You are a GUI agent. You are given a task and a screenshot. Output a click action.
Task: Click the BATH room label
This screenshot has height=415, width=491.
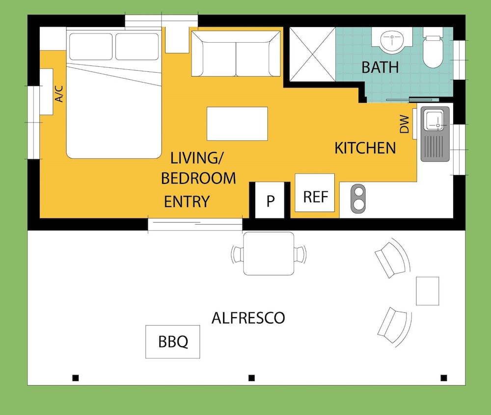click(380, 67)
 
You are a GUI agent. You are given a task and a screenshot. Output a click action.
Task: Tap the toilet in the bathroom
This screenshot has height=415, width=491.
click(433, 48)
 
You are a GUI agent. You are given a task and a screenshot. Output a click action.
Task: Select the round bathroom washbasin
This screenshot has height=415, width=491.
click(392, 41)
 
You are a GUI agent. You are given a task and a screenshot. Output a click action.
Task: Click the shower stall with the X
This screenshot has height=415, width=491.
click(312, 54)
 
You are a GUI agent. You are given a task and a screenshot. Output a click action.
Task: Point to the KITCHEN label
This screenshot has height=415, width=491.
click(365, 148)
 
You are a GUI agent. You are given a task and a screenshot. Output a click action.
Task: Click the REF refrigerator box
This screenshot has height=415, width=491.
click(315, 192)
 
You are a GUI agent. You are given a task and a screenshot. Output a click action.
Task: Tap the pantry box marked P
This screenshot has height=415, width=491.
click(270, 200)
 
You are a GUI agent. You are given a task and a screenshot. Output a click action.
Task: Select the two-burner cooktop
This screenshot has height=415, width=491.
click(358, 199)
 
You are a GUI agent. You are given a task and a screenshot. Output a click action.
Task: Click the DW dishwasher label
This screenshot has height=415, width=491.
click(404, 124)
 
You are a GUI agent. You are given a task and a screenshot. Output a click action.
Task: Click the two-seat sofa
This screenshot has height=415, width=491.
click(236, 53)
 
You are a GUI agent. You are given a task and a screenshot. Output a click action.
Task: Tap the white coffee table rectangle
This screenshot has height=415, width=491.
click(237, 123)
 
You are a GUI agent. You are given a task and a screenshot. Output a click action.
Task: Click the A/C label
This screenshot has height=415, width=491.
click(59, 94)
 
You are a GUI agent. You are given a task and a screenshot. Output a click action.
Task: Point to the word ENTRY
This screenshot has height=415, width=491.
click(187, 202)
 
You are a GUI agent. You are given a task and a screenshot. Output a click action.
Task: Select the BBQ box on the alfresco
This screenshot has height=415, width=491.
click(172, 342)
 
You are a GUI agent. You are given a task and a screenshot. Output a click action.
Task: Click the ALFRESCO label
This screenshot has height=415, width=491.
click(248, 318)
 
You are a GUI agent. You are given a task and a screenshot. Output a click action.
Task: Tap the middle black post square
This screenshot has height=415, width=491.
click(251, 378)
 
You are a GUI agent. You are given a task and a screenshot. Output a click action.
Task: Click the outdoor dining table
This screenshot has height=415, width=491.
click(269, 253)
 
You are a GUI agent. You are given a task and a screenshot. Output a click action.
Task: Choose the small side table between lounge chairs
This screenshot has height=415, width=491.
click(428, 291)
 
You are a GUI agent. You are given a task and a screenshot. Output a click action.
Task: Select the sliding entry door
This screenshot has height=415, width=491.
click(195, 224)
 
